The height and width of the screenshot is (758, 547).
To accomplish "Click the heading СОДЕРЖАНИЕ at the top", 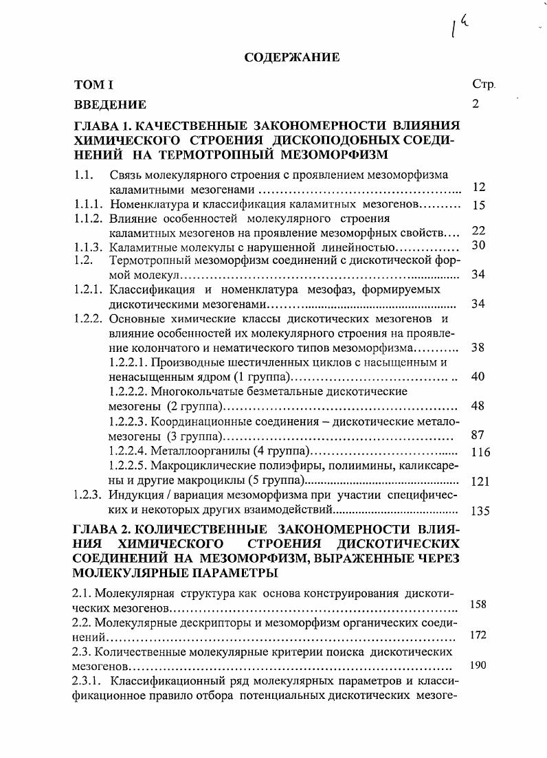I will (x=292, y=58).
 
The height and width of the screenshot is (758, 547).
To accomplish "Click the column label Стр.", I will (x=483, y=85).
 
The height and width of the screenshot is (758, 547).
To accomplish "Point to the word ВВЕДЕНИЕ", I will (x=110, y=104).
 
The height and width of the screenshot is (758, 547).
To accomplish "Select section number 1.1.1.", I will (x=89, y=204).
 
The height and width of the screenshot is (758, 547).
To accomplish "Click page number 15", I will (x=479, y=205).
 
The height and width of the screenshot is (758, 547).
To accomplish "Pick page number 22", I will (x=479, y=232).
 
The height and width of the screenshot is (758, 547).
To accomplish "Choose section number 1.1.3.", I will (x=89, y=247).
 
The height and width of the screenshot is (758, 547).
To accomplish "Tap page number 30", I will (x=479, y=245).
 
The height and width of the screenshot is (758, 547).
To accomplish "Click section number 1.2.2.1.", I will (x=128, y=362).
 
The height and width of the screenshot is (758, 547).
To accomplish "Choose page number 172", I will (x=478, y=636).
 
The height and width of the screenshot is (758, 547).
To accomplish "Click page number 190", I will (x=478, y=665).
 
